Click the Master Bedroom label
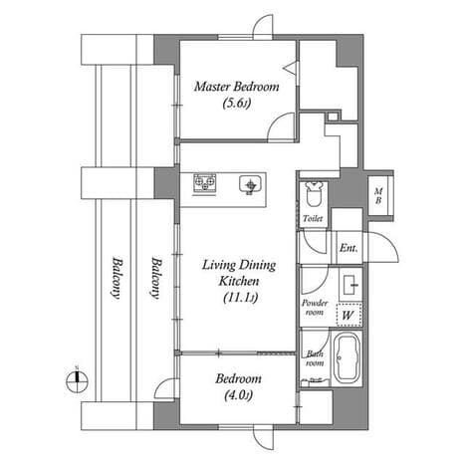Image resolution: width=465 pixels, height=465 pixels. pyautogui.click(x=237, y=87)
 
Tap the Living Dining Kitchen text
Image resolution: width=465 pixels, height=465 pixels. pyautogui.click(x=239, y=273)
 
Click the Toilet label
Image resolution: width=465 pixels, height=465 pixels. pyautogui.click(x=313, y=219)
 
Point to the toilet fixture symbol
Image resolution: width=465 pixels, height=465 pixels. pyautogui.click(x=314, y=195)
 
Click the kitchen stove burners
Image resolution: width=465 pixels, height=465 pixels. pyautogui.click(x=204, y=183)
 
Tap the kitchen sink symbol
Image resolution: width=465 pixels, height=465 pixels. pyautogui.click(x=251, y=185)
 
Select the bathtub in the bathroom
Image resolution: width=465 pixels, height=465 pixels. pyautogui.click(x=347, y=357)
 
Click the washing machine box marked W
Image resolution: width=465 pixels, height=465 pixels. pyautogui.click(x=349, y=315)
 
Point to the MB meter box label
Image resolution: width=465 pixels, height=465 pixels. pyautogui.click(x=378, y=196)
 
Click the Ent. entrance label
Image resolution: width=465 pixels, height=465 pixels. pyautogui.click(x=349, y=248)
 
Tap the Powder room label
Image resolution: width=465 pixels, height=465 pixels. pyautogui.click(x=315, y=308)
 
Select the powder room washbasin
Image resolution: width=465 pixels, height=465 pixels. pyautogui.click(x=350, y=285)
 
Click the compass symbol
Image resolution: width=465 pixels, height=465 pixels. pyautogui.click(x=77, y=381)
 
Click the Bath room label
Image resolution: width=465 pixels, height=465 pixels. pyautogui.click(x=315, y=358)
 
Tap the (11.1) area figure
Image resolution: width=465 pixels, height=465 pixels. pyautogui.click(x=240, y=297)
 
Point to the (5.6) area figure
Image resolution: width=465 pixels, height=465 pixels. pyautogui.click(x=236, y=104)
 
